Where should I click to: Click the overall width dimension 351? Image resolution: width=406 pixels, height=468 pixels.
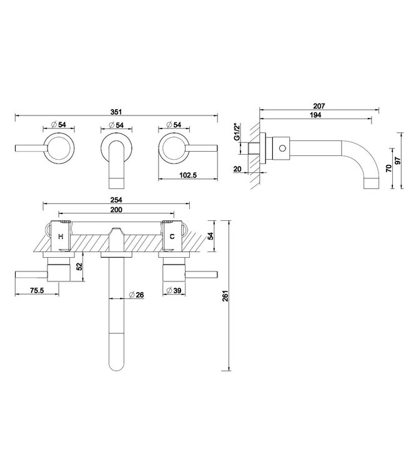(x=116, y=112)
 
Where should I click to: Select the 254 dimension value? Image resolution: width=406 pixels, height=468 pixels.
(x=116, y=200)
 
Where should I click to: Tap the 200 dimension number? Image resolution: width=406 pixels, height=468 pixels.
(x=116, y=211)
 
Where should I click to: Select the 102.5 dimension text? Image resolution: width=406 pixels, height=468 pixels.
(x=187, y=176)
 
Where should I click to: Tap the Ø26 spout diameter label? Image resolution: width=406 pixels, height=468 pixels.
(x=137, y=294)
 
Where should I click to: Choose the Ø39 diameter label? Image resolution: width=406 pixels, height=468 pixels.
(x=175, y=290)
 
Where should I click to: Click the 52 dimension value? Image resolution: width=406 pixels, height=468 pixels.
(x=79, y=266)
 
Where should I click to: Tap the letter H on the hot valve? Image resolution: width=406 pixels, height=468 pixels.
(x=60, y=236)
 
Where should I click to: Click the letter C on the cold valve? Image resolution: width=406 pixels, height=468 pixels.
(x=171, y=236)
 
